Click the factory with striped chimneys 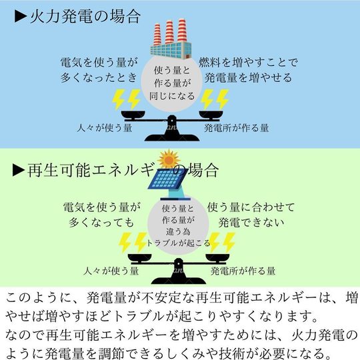171,39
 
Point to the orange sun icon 169,159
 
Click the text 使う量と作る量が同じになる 172,83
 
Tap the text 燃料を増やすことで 248,63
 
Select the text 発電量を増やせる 248,77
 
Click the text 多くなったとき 99,77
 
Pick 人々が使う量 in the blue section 105,128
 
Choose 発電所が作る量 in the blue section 237,128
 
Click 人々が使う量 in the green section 111,271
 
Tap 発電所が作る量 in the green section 243,271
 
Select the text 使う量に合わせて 251,207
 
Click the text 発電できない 251,222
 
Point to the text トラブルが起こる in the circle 178,243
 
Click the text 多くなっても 101,222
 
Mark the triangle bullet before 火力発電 21,17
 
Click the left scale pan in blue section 133,115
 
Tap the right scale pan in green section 217,258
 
